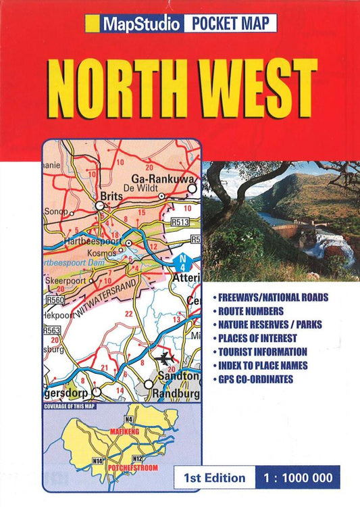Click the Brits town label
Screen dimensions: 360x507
[109, 197]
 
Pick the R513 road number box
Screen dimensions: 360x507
[180, 221]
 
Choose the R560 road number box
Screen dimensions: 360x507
[54, 299]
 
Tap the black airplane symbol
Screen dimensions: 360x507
[164, 357]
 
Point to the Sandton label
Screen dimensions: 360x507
[177, 376]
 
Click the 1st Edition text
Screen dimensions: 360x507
[214, 478]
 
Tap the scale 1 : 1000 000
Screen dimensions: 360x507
[297, 478]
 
